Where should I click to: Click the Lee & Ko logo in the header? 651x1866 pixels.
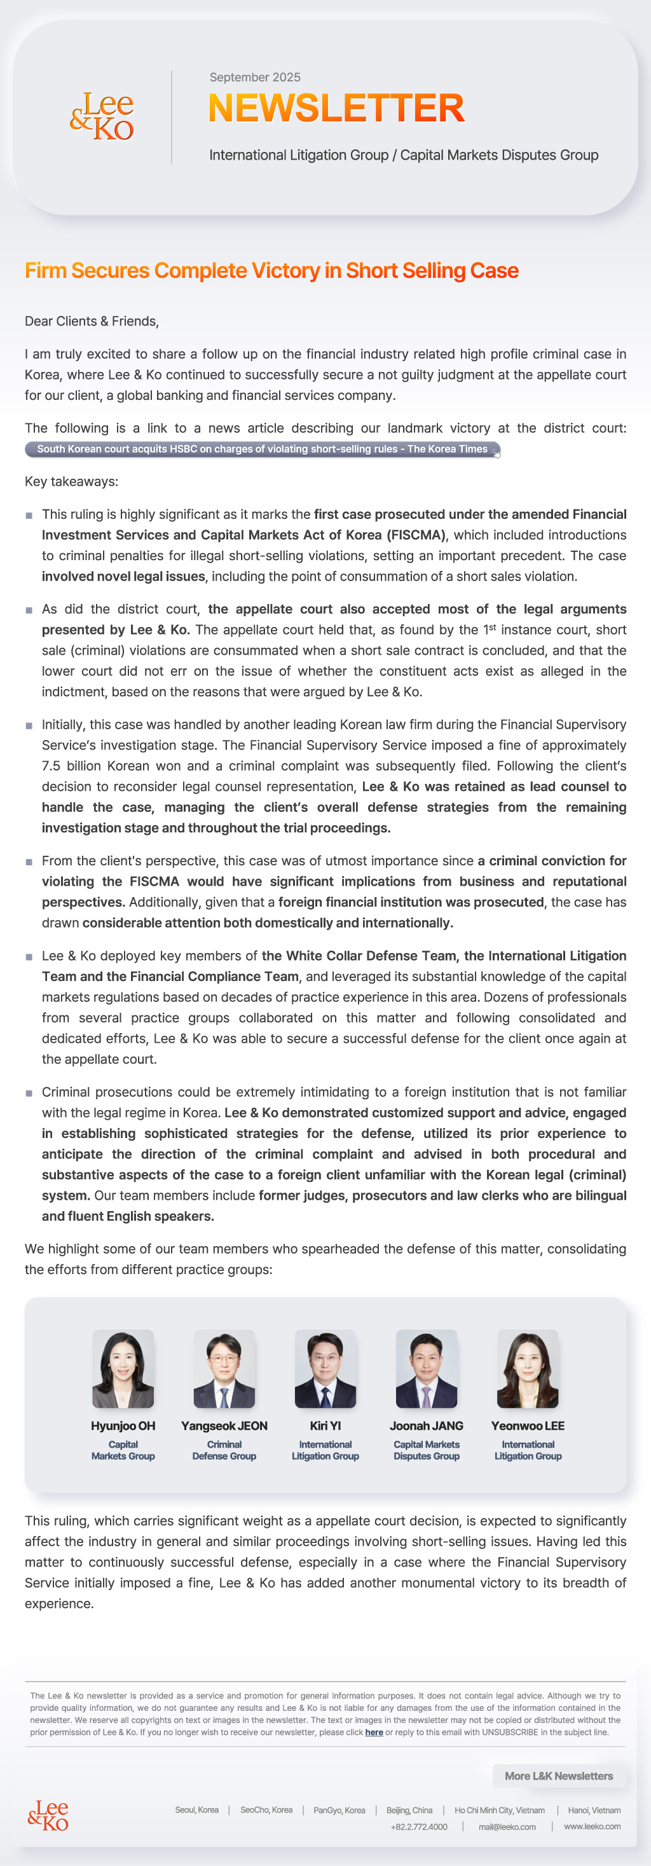click(x=102, y=116)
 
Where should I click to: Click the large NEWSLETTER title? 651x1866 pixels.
click(x=336, y=108)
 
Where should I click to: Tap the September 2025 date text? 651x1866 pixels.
click(x=255, y=78)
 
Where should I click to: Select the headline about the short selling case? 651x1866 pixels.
click(x=271, y=270)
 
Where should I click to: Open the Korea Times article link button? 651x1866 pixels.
click(x=262, y=449)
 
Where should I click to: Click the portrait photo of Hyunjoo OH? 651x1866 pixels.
click(x=123, y=1368)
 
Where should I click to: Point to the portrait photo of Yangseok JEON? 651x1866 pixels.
click(x=224, y=1368)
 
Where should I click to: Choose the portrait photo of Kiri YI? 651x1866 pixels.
click(x=325, y=1368)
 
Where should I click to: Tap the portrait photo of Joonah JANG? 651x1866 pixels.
click(x=427, y=1368)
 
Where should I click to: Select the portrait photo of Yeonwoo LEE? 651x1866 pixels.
click(x=528, y=1368)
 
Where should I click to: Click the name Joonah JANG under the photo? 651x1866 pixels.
click(x=427, y=1425)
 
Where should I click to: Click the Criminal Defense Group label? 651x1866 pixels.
click(x=224, y=1450)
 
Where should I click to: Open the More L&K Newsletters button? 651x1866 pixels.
click(x=558, y=1776)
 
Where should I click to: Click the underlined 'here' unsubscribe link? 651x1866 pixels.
click(x=374, y=1732)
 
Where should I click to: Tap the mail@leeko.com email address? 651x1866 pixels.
click(x=507, y=1826)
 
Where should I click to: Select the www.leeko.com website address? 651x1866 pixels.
click(x=592, y=1826)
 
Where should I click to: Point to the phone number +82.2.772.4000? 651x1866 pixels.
click(x=418, y=1826)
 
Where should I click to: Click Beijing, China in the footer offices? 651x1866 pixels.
click(x=409, y=1809)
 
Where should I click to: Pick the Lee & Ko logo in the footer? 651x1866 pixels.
click(x=48, y=1815)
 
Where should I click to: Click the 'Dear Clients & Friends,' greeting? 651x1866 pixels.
click(x=92, y=321)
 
